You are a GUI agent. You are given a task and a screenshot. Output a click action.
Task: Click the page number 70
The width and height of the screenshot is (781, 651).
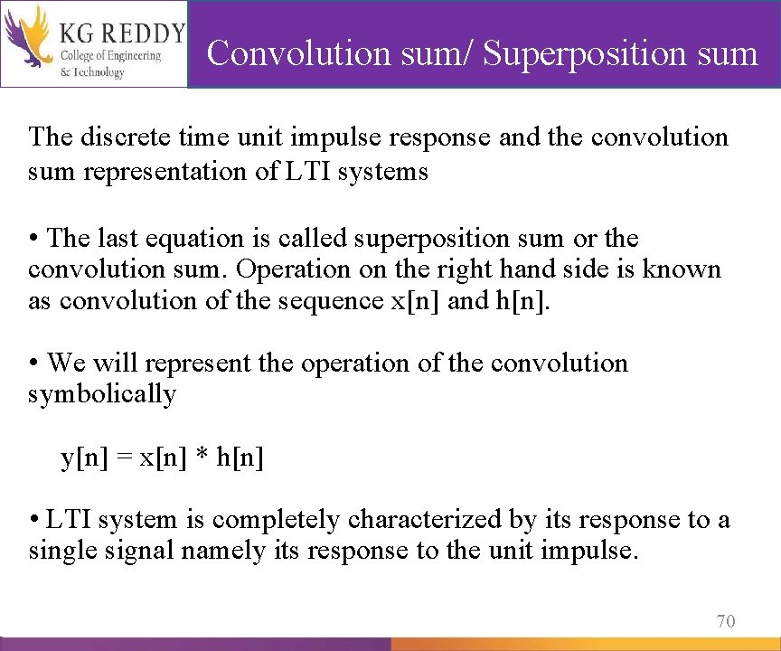coord(725,620)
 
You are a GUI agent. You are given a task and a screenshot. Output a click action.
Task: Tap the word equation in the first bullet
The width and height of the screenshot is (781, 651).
coord(189,239)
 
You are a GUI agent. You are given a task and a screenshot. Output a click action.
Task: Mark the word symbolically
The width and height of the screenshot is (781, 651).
coord(102,394)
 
